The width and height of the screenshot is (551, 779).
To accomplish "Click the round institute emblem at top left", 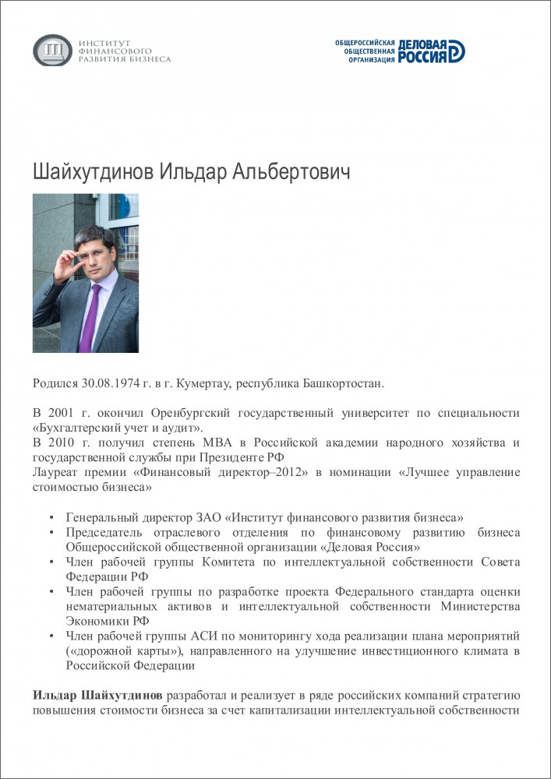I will pos(52,51).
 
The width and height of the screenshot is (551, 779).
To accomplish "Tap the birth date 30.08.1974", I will pos(111,383).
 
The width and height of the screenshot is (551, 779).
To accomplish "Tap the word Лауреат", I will pos(55,472).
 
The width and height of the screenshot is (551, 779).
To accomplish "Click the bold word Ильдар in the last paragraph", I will pos(55,695).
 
